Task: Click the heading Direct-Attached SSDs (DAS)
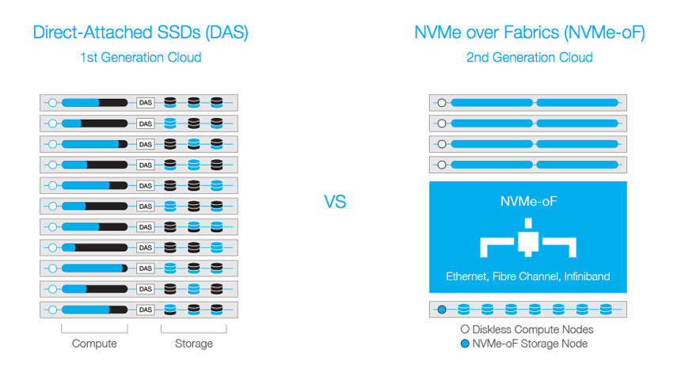(140, 32)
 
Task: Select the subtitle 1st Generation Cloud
(140, 57)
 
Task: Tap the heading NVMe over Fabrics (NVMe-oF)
(529, 32)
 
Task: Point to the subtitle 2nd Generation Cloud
(529, 57)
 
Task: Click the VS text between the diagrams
(335, 202)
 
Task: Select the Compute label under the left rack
(94, 344)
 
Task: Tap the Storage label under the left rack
(193, 344)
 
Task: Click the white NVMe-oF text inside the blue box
(528, 201)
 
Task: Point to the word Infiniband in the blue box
(587, 276)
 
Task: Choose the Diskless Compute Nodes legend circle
(465, 329)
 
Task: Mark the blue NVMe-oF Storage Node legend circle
(465, 344)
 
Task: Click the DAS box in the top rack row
(146, 103)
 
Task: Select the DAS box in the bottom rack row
(146, 310)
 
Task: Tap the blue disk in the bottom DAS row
(170, 310)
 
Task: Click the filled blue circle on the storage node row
(442, 309)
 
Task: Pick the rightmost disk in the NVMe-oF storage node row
(606, 309)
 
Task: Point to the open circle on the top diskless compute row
(442, 103)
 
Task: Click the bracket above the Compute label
(94, 333)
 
